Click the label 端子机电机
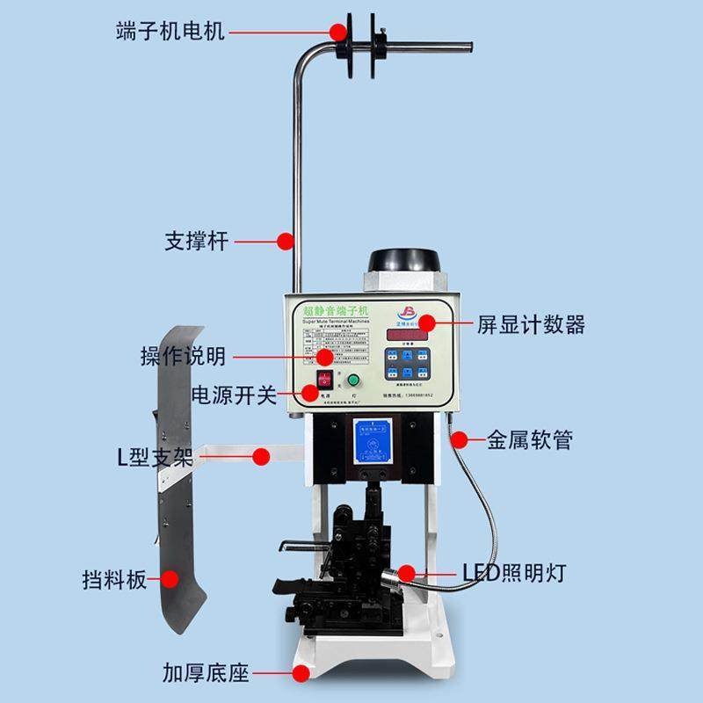coord(170,33)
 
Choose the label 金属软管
coord(530,438)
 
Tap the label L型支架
coord(156,456)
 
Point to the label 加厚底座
coord(206,674)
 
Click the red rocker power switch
coord(326,382)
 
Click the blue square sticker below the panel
coord(370,439)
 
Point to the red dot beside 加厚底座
coord(301,674)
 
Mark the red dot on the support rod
coord(285,240)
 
